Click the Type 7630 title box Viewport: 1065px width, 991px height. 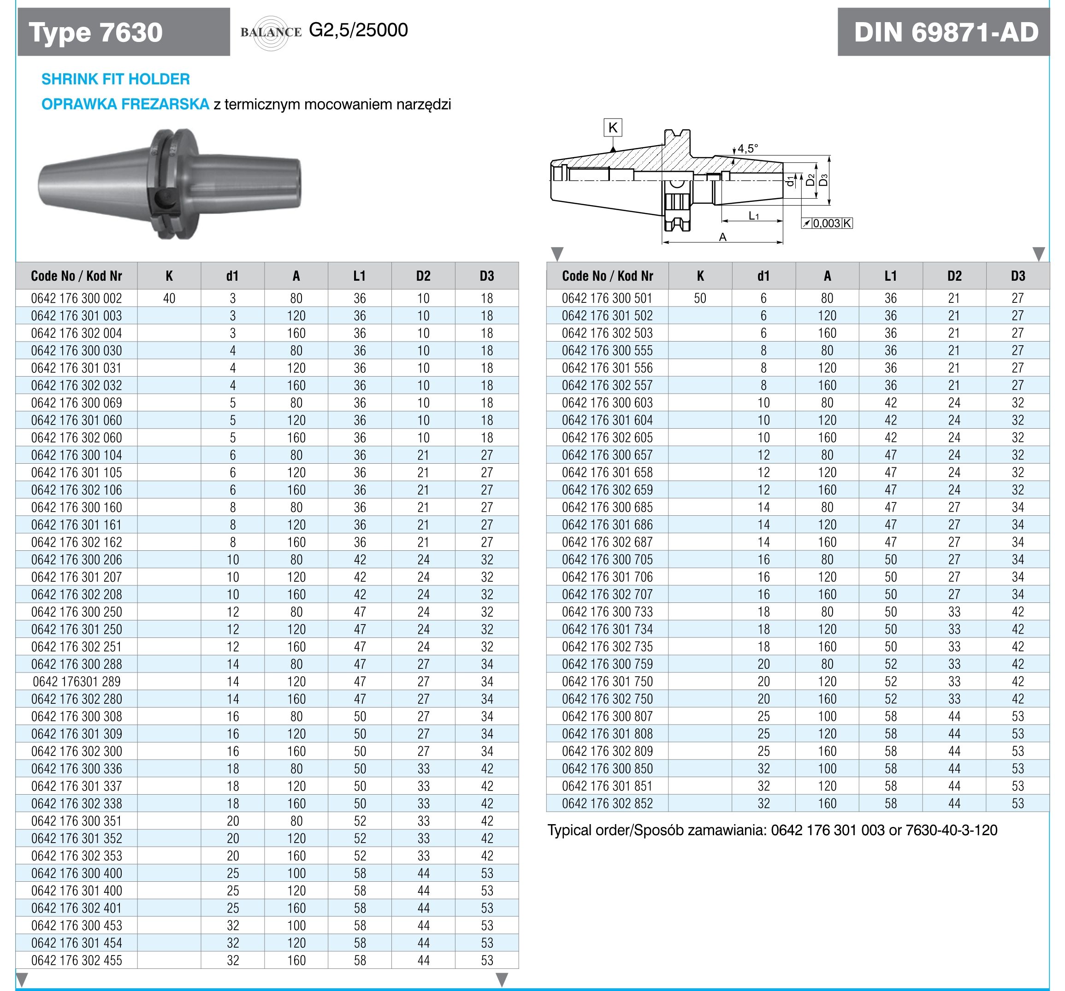point(124,32)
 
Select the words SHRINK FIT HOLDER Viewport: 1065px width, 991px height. point(116,79)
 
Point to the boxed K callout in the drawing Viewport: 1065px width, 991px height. point(613,128)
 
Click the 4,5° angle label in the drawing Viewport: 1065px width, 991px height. point(748,148)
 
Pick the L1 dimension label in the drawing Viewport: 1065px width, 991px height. point(754,216)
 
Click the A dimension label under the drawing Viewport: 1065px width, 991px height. point(723,237)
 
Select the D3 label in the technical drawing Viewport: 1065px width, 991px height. point(824,180)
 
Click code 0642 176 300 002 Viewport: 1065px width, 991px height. point(77,298)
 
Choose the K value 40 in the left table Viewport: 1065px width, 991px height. point(169,298)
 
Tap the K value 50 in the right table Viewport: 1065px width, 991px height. point(700,298)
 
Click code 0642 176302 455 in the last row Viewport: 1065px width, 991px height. point(77,961)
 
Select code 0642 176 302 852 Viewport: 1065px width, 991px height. point(608,803)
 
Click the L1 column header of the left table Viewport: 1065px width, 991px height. point(360,276)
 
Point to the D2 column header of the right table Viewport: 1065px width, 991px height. point(954,276)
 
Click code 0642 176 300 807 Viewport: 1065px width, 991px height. point(608,716)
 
